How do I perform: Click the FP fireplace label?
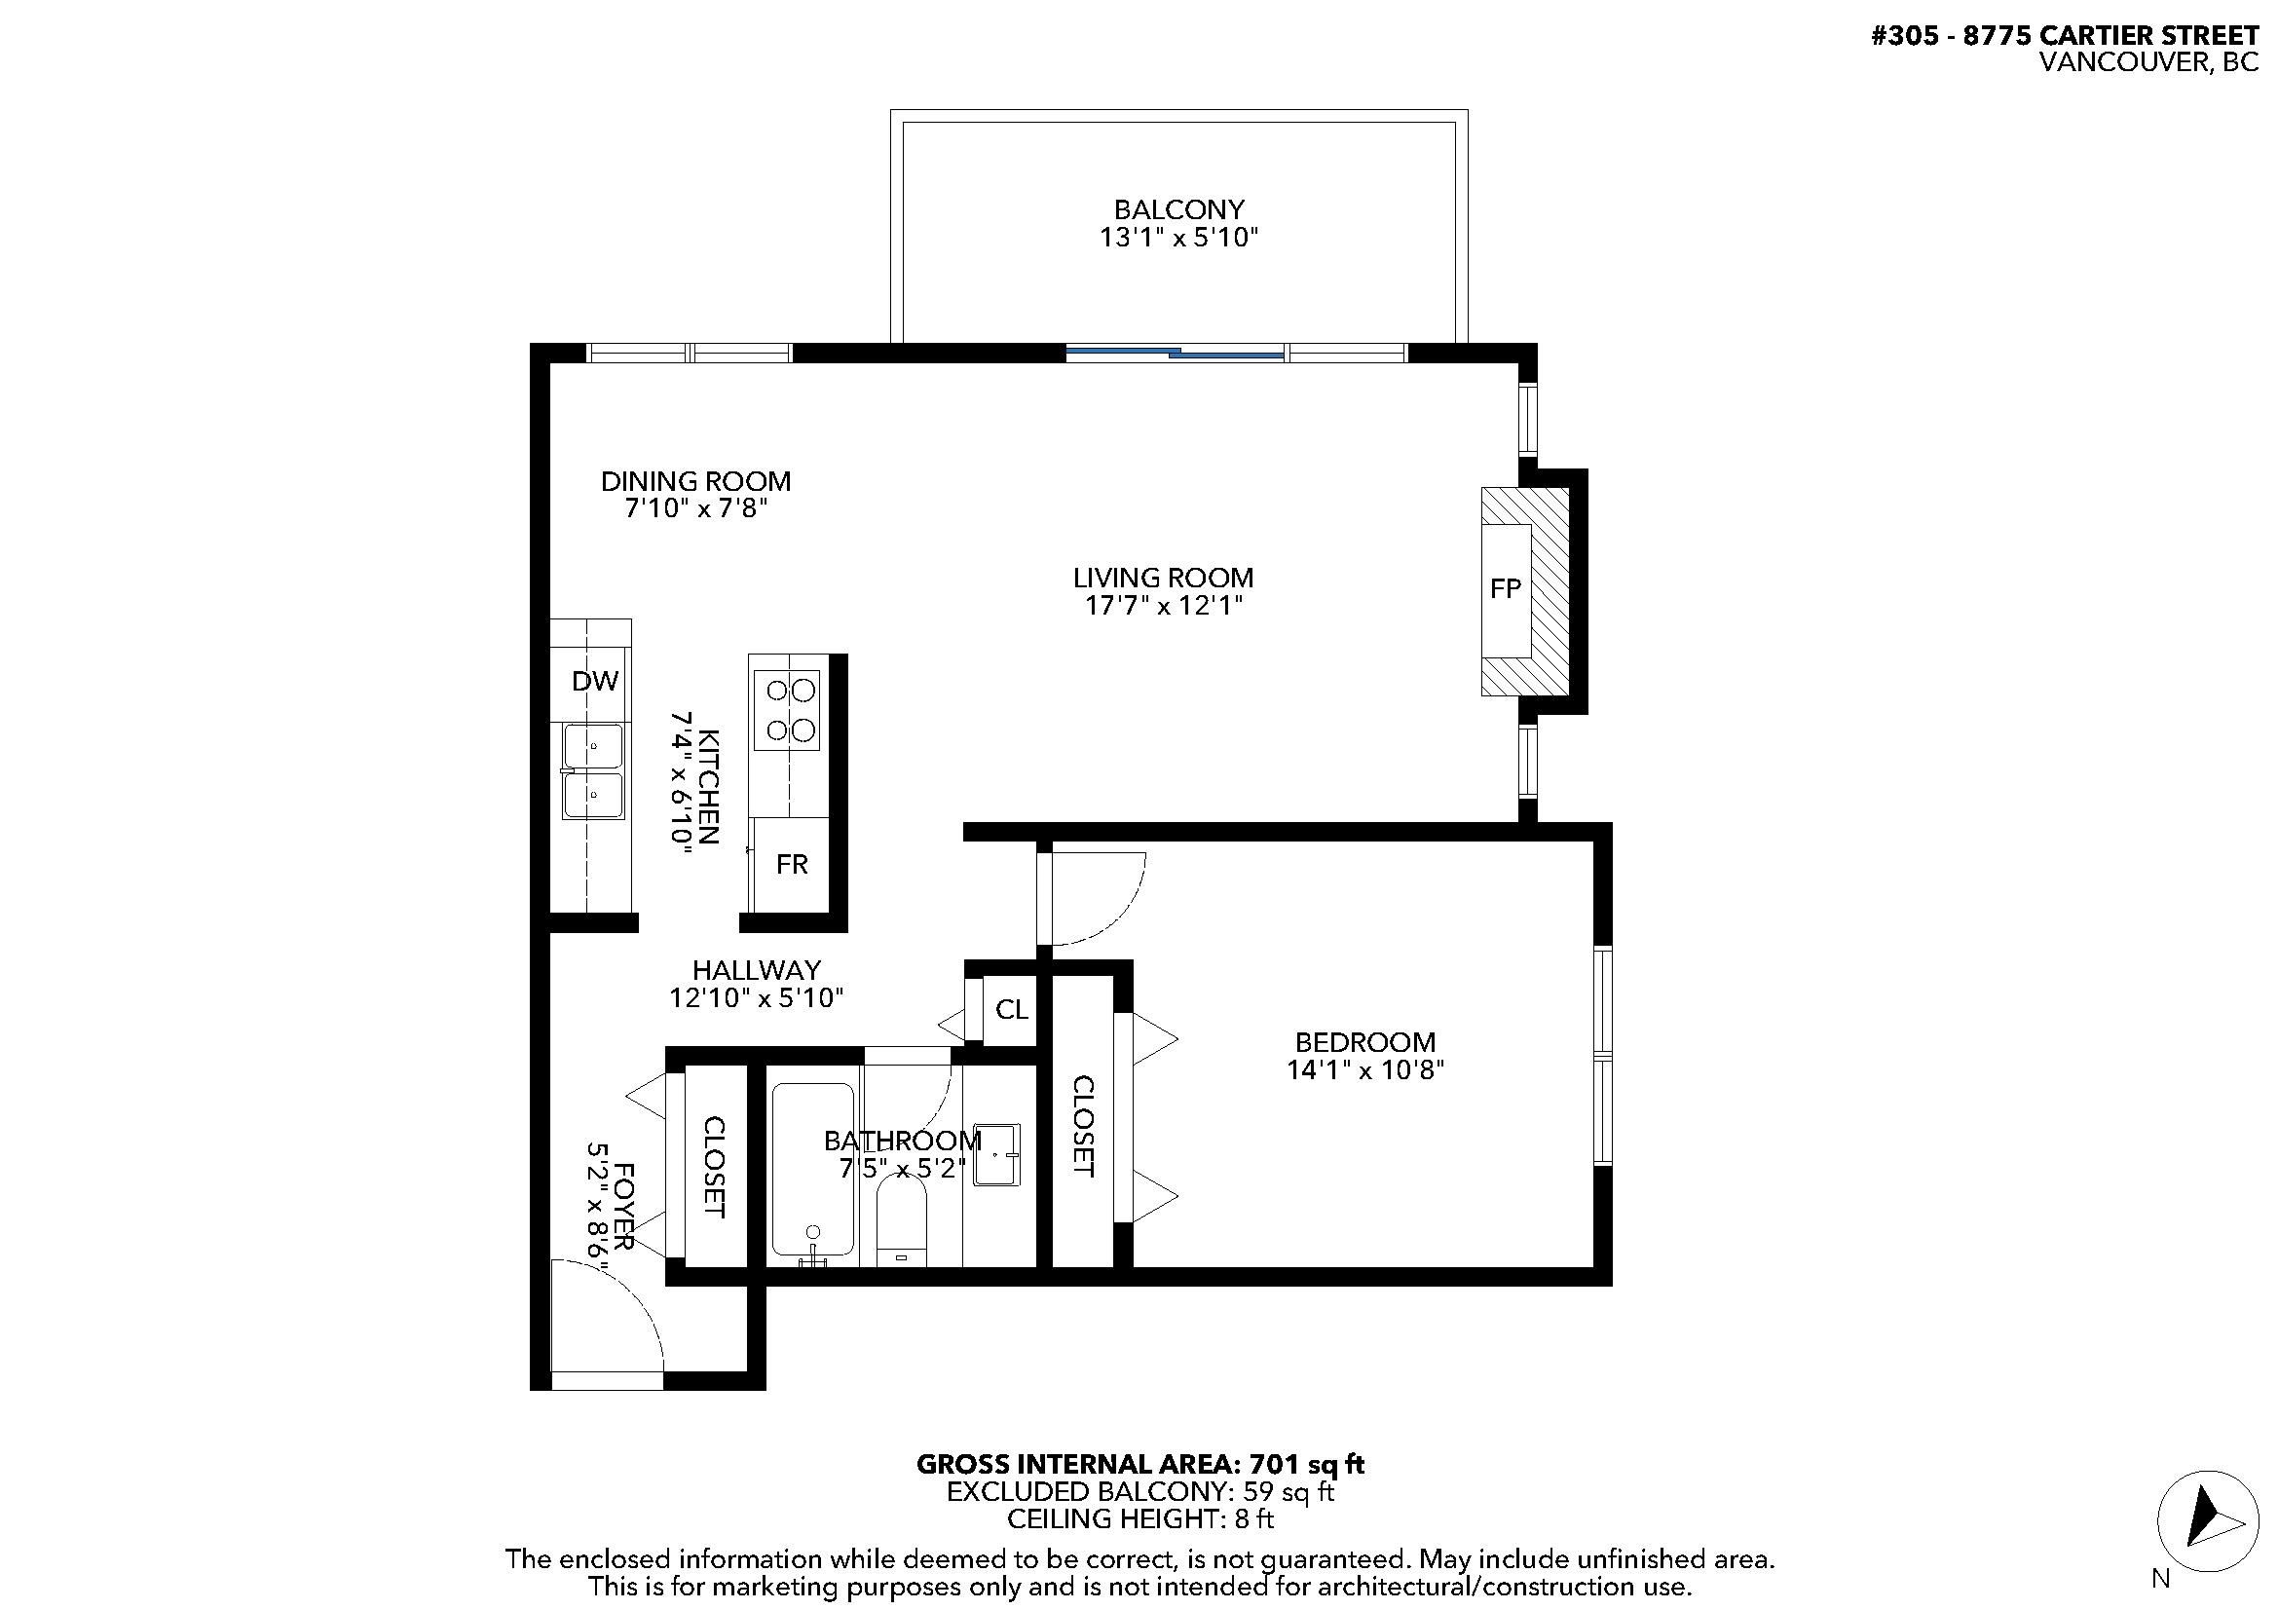point(1505,589)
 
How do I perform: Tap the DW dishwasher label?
point(594,681)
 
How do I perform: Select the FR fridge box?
point(791,864)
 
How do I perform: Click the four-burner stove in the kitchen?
point(786,710)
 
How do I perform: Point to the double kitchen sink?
point(593,771)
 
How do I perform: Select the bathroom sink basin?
point(996,1155)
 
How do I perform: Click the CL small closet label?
point(1011,1010)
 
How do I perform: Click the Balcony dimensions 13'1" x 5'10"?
point(1177,238)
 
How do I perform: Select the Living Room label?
point(1163,578)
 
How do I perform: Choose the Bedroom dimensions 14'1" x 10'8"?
point(1365,1070)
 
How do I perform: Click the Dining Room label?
point(695,481)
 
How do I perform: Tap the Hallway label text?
point(756,969)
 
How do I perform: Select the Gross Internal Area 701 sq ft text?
point(1139,1464)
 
